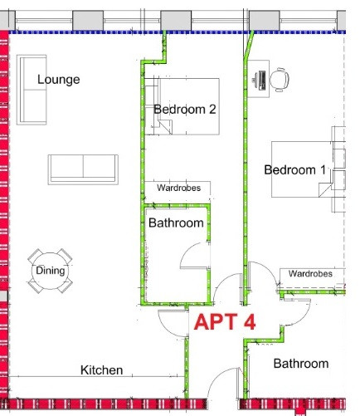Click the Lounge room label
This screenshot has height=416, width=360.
click(x=59, y=80)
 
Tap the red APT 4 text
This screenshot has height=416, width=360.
click(x=225, y=321)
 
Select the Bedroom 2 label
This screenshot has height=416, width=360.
click(x=185, y=110)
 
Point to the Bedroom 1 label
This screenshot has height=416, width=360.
click(x=295, y=169)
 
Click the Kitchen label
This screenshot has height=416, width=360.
click(x=101, y=370)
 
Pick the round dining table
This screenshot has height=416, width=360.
click(x=50, y=271)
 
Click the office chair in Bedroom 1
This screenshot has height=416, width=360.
click(x=280, y=80)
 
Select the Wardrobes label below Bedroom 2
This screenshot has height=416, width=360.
click(x=178, y=188)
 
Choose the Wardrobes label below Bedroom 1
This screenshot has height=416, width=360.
click(x=310, y=274)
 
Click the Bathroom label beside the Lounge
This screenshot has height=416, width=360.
click(x=176, y=223)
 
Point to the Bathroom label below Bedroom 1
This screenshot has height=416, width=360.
click(x=301, y=364)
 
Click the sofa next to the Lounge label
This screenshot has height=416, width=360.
click(x=32, y=90)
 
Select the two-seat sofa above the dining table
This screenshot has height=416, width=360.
click(x=83, y=169)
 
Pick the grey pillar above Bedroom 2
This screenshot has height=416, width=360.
click(x=176, y=21)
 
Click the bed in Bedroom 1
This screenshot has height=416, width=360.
click(x=302, y=169)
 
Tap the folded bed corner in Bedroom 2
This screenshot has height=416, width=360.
click(x=165, y=126)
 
